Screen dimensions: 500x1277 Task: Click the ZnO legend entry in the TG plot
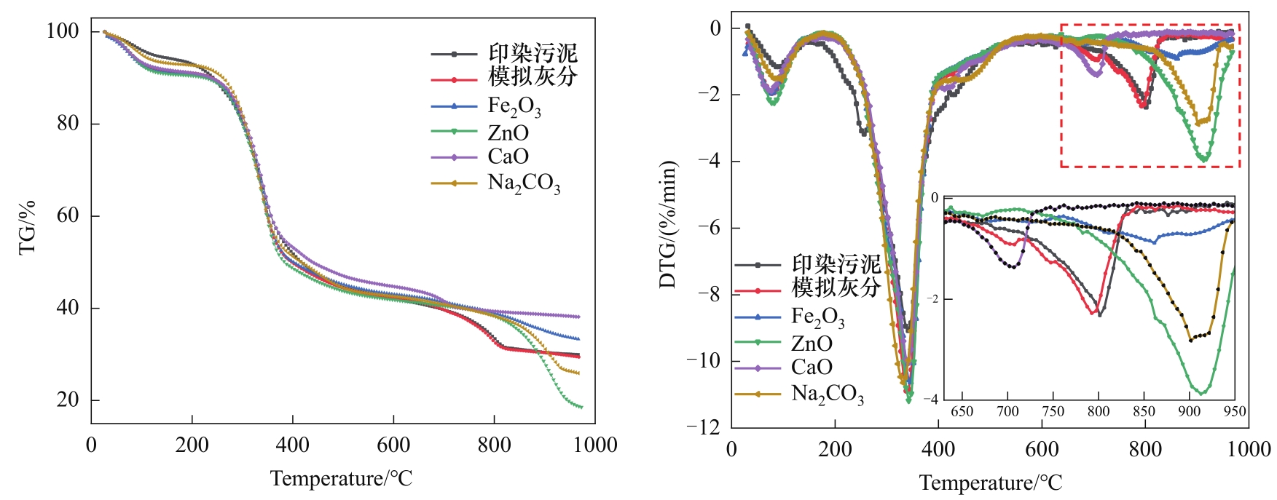tap(508, 132)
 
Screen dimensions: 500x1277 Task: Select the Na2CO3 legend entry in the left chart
tap(523, 183)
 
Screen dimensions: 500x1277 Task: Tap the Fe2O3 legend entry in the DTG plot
tap(817, 317)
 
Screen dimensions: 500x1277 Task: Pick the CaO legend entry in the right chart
tap(812, 367)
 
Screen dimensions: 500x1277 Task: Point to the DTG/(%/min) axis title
tap(668, 224)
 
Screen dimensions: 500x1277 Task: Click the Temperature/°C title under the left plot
tap(341, 478)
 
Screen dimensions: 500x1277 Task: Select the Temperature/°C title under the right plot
tap(991, 483)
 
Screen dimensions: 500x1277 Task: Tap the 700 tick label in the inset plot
tap(1007, 411)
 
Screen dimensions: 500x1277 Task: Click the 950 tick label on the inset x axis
tap(1234, 411)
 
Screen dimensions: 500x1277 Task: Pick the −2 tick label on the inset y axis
tap(932, 299)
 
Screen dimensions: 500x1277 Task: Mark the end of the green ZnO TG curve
tap(581, 407)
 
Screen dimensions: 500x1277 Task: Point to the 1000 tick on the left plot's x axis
tap(594, 445)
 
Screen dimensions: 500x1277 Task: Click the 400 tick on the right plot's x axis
tap(938, 449)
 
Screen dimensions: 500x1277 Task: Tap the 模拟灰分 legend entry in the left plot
tap(532, 76)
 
